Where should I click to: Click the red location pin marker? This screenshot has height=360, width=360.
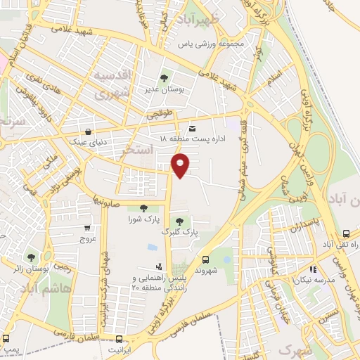point(181,165)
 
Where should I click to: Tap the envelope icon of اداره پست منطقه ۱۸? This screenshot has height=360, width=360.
point(193,127)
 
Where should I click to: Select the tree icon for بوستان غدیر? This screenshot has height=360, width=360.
point(164,78)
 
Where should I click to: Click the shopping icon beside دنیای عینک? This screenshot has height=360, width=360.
point(87,131)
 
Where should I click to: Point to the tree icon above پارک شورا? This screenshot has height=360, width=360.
point(143,207)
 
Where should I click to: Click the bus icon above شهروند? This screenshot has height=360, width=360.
point(205,258)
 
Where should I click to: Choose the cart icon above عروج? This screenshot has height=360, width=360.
point(86,228)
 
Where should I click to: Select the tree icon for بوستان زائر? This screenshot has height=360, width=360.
point(30,257)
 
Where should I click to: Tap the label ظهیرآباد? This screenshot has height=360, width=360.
point(194,18)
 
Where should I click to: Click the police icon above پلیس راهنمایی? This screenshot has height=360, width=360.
point(159,267)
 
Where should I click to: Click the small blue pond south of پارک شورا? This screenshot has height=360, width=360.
point(153,247)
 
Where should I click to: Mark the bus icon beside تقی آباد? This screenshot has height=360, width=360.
point(346,233)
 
